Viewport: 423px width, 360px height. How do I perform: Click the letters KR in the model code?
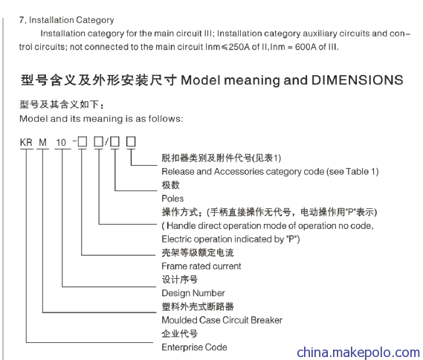(x=26, y=143)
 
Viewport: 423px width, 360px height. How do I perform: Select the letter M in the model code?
(x=42, y=143)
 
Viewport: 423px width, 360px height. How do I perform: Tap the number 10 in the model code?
(x=61, y=143)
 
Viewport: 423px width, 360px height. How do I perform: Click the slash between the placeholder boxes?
(x=107, y=141)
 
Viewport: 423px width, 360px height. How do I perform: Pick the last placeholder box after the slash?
(x=131, y=141)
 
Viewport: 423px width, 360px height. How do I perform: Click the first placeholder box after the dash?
(x=83, y=141)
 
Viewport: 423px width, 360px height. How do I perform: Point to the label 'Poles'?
(x=172, y=199)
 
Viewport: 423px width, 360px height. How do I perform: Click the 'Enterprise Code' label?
(x=194, y=347)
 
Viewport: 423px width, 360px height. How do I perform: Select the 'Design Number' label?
(x=193, y=293)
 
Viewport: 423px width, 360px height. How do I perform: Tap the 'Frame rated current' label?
(x=201, y=266)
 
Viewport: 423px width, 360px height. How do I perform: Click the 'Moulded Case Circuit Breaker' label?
(x=222, y=320)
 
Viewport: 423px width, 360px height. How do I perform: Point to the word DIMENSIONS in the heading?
(x=357, y=80)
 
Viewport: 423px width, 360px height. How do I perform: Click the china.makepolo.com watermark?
(x=358, y=353)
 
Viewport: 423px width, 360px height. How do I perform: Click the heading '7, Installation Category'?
(x=67, y=20)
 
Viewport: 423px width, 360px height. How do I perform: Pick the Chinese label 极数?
(x=171, y=185)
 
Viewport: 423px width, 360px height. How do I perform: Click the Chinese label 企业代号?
(x=180, y=333)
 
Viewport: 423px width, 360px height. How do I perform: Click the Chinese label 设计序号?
(x=180, y=280)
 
